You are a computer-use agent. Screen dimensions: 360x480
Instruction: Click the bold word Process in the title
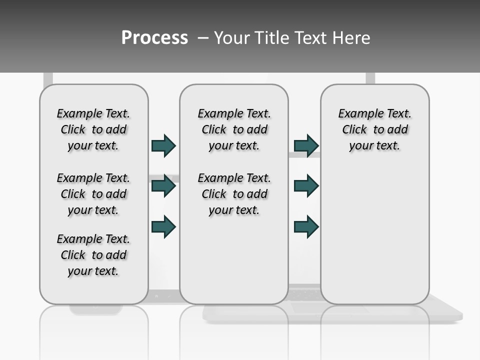[154, 38]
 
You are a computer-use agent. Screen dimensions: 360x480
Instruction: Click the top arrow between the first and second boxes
[163, 145]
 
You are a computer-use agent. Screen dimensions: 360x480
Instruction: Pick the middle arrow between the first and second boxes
[163, 186]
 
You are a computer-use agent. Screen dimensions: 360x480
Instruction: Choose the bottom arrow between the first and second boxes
[163, 226]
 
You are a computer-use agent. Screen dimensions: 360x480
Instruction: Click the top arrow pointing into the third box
[306, 145]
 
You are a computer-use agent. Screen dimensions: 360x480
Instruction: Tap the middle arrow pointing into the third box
[306, 186]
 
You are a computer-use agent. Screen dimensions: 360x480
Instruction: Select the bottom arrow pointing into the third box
[306, 226]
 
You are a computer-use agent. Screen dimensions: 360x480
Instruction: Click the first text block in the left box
[93, 129]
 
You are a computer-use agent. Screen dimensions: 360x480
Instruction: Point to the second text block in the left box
[93, 194]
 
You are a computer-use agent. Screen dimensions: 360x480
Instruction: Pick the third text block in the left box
[93, 255]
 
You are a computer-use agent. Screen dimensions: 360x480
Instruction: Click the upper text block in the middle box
[234, 129]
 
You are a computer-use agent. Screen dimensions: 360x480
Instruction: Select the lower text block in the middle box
[234, 194]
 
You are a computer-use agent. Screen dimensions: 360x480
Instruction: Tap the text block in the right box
[375, 129]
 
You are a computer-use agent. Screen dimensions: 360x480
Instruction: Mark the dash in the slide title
[203, 38]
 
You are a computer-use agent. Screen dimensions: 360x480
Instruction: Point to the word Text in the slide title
[310, 38]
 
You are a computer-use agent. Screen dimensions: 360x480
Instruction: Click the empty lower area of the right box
[375, 240]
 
